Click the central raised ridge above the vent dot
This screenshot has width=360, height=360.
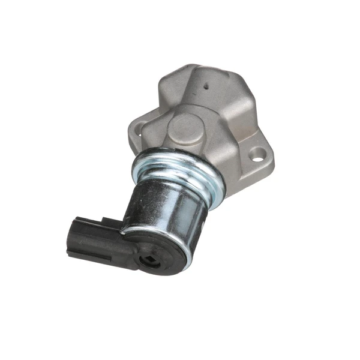(210, 75)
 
